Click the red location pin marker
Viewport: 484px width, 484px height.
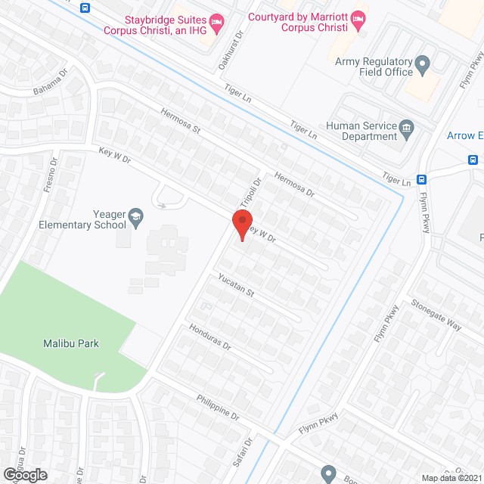241,225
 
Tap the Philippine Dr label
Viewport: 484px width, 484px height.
217,406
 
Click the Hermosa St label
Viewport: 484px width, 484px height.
179,120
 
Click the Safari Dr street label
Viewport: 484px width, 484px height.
246,451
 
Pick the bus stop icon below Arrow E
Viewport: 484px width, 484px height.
473,160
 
